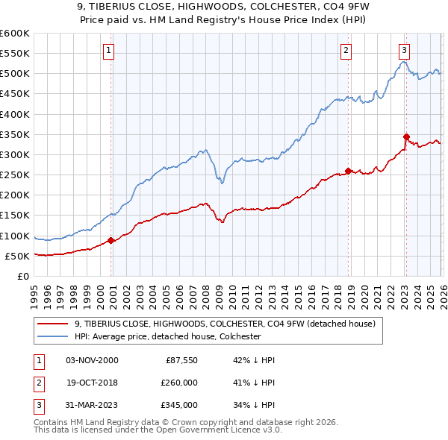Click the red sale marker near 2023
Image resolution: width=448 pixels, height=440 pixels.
406,136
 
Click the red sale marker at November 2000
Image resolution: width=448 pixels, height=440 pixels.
111,240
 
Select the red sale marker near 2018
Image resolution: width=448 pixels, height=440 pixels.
348,171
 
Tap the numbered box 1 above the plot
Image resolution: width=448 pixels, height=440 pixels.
108,51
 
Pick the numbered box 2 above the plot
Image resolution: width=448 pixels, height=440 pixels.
346,51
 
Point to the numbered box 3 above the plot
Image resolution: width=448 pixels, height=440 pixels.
404,51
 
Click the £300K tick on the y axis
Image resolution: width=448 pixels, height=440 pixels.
15,154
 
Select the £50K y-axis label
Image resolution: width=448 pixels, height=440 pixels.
17,256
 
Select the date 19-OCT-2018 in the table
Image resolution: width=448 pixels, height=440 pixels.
92,383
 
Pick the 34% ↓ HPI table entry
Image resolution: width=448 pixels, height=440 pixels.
254,406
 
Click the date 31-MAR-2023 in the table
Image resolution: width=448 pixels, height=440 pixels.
92,406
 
